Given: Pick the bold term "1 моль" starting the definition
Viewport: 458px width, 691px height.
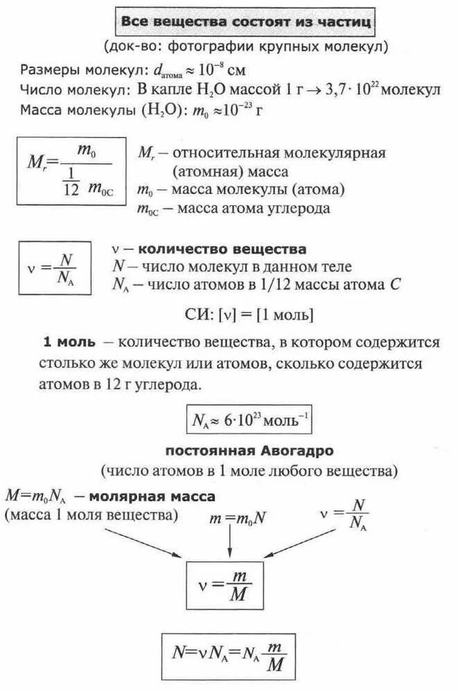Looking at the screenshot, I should tap(69, 343).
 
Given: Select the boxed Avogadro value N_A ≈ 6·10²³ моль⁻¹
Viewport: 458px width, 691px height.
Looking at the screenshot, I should tap(252, 420).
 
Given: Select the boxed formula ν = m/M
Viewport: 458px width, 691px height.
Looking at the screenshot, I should tap(224, 585).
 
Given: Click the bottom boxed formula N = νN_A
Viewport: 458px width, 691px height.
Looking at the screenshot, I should tap(229, 654).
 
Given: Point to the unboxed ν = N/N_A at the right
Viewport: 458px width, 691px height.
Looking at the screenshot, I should tap(345, 514).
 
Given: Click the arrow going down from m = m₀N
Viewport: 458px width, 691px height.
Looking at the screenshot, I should tap(229, 544).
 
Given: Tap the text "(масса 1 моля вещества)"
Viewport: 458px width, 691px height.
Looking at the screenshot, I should tap(91, 515).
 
